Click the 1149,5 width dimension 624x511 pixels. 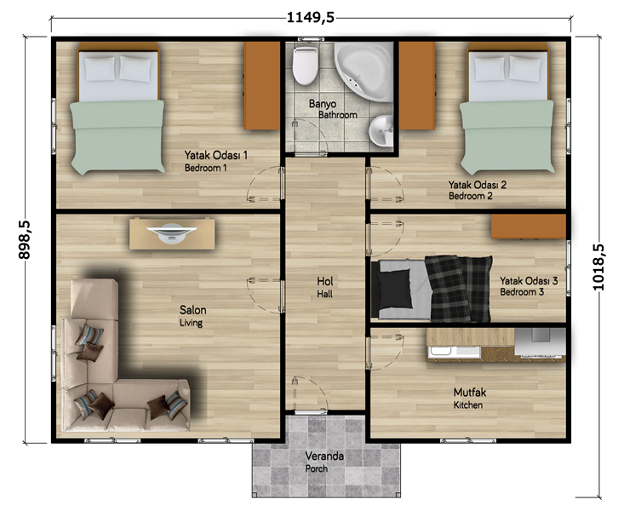tap(311, 18)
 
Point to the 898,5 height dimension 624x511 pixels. tap(25, 240)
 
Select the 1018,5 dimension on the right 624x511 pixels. tap(598, 267)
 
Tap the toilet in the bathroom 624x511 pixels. tap(305, 66)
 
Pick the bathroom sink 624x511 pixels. tap(381, 130)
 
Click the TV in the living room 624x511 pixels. tap(172, 233)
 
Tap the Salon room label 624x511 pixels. tap(192, 310)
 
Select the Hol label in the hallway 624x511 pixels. tap(324, 281)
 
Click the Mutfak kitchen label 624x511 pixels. tap(470, 393)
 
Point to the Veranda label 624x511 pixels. tap(324, 456)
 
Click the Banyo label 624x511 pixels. tap(323, 104)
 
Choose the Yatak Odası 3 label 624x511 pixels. tap(529, 281)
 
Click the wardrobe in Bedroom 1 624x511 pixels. tap(262, 86)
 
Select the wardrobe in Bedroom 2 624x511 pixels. tap(417, 86)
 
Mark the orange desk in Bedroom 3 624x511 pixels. tap(529, 227)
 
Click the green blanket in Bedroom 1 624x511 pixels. tap(117, 136)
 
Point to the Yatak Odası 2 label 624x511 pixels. tap(478, 185)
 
